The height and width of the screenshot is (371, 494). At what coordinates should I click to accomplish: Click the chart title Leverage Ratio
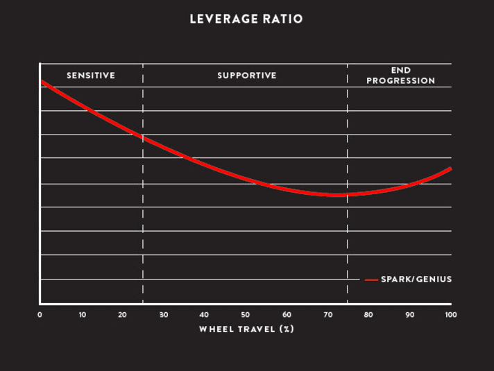click(246, 19)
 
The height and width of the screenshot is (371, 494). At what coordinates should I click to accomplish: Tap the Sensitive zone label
click(91, 75)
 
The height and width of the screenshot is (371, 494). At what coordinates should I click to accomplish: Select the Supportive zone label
click(246, 75)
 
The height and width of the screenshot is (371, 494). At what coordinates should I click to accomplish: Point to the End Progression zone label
click(400, 76)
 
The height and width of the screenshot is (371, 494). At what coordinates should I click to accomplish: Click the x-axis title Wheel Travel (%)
click(246, 329)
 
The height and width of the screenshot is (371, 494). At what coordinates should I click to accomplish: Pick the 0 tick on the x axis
click(40, 315)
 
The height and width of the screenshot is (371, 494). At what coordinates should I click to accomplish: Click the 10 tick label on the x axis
click(82, 315)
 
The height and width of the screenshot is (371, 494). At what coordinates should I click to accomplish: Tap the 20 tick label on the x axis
click(123, 315)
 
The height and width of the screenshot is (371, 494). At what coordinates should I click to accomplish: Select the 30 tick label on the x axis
click(164, 315)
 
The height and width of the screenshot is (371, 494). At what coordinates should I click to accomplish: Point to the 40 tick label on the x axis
click(205, 315)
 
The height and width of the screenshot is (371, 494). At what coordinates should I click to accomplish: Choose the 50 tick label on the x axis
click(246, 315)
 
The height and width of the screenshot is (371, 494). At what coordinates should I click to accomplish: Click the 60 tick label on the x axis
click(287, 315)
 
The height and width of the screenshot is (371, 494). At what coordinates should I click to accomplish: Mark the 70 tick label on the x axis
click(327, 315)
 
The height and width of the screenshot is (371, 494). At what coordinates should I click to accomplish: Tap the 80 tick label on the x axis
click(368, 315)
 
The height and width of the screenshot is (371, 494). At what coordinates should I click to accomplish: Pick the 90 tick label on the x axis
click(409, 315)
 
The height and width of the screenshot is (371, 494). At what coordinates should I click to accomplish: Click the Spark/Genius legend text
click(416, 279)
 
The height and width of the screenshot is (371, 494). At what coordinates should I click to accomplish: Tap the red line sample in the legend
click(371, 279)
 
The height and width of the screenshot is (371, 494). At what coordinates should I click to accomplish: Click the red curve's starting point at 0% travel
click(42, 82)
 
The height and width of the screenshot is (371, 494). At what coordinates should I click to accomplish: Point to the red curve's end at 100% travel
click(450, 169)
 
